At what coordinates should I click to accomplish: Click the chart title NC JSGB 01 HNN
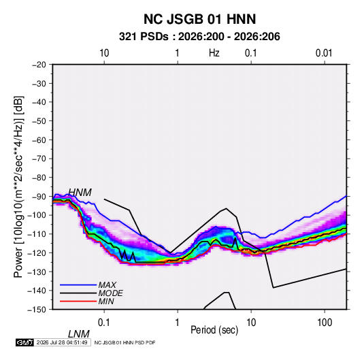tap(199, 19)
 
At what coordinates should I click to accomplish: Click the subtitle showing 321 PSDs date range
tap(199, 37)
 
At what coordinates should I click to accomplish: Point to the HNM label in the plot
tap(80, 193)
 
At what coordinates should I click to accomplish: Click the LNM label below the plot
tap(79, 334)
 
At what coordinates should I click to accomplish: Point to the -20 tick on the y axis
tap(39, 65)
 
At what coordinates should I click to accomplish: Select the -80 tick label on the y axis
tap(39, 178)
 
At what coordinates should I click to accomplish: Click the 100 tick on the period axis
tap(325, 323)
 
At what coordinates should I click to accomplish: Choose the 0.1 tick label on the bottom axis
tap(103, 323)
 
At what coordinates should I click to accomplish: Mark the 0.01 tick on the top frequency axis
tap(324, 53)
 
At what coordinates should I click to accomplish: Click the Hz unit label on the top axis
tap(214, 53)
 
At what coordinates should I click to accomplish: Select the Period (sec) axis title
tap(214, 330)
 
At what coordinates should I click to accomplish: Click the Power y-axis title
tap(18, 186)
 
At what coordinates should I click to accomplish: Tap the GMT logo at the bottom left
tap(24, 342)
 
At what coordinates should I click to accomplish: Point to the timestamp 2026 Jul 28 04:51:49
tap(62, 342)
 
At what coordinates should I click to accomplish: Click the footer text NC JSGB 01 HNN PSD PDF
tap(125, 342)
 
